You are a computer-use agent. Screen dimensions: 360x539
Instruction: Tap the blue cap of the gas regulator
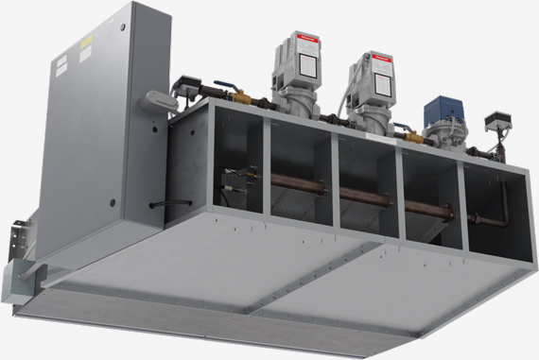pos(438,106)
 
